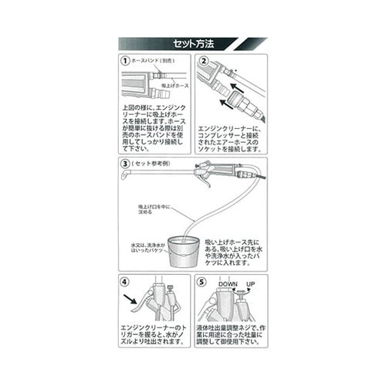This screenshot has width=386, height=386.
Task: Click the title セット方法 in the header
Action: (192, 44)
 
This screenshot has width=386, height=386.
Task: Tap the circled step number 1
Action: (125, 59)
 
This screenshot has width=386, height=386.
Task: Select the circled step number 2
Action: (204, 59)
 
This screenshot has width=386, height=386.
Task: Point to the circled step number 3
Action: (125, 164)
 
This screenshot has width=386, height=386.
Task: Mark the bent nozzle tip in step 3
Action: (124, 178)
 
